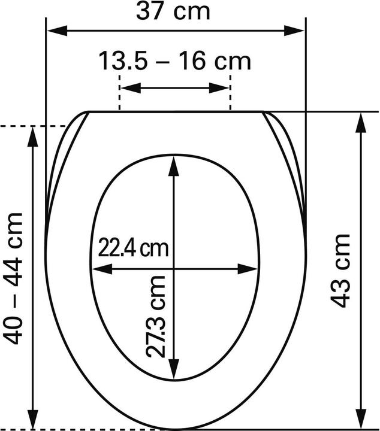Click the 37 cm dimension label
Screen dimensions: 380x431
pos(173,11)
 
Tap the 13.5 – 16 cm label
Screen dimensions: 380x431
pos(174,61)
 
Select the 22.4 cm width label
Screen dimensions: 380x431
pos(133,248)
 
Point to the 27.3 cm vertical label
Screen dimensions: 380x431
pos(156,316)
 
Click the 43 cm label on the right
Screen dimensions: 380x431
pos(340,271)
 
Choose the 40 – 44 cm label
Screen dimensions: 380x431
pos(13,278)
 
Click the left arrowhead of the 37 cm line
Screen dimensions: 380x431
pos(57,31)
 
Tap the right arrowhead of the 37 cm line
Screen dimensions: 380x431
pos(294,31)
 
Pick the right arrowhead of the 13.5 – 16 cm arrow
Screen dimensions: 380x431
pos(219,88)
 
